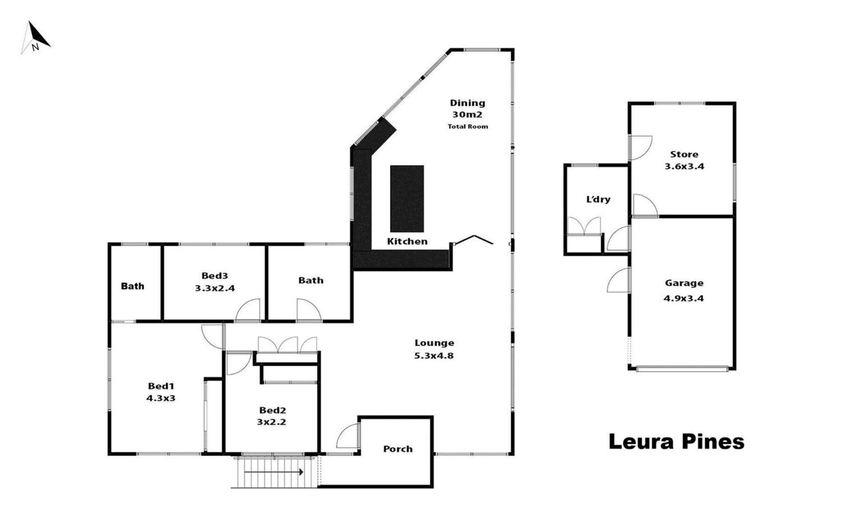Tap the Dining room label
pyautogui.click(x=467, y=103)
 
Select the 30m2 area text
pyautogui.click(x=467, y=115)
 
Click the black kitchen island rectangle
pyautogui.click(x=407, y=199)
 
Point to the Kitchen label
pyautogui.click(x=407, y=241)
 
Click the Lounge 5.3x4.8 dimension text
pyautogui.click(x=434, y=356)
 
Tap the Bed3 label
pyautogui.click(x=215, y=276)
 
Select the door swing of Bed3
pyautogui.click(x=248, y=310)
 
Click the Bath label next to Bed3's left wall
pyautogui.click(x=132, y=286)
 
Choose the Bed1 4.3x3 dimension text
pyautogui.click(x=161, y=398)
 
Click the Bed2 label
pyautogui.click(x=272, y=410)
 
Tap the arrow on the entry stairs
pyautogui.click(x=274, y=472)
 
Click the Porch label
pyautogui.click(x=398, y=449)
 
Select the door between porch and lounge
pyautogui.click(x=348, y=436)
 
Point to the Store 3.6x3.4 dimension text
pyautogui.click(x=684, y=166)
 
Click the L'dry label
pyautogui.click(x=598, y=200)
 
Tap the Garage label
pyautogui.click(x=684, y=283)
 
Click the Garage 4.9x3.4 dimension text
pyautogui.click(x=684, y=298)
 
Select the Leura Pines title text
pyautogui.click(x=676, y=441)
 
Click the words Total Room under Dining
pyautogui.click(x=467, y=127)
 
